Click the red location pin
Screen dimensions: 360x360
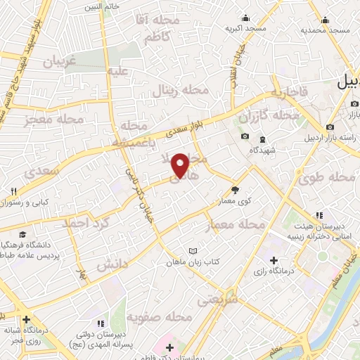point(181,165)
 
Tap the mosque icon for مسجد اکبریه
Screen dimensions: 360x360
point(245,18)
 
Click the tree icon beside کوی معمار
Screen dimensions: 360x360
point(235,189)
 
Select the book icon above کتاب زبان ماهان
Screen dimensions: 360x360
point(195,250)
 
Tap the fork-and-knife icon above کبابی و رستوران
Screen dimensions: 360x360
point(13,191)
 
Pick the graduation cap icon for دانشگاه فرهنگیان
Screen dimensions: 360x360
point(23,234)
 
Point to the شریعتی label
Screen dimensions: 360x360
point(217,300)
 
